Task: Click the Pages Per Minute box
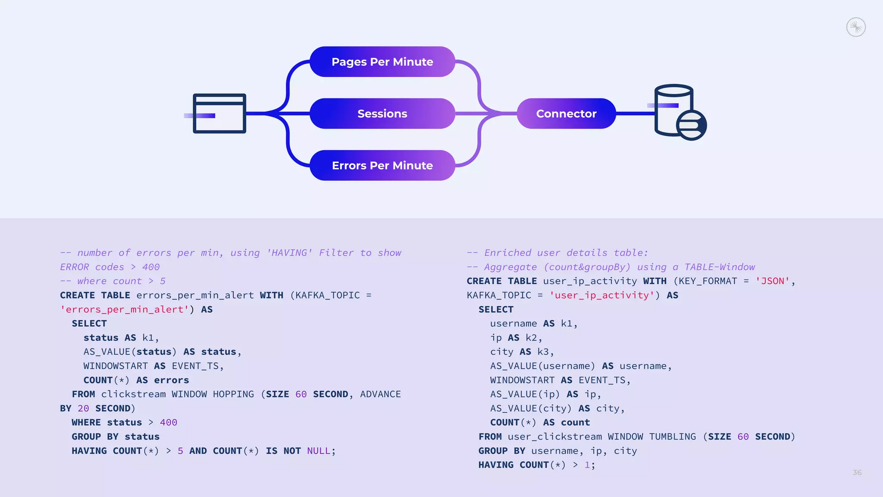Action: [382, 62]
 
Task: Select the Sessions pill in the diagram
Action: [382, 113]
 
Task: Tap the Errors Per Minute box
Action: [382, 165]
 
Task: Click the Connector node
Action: [566, 113]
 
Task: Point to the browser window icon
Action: [219, 113]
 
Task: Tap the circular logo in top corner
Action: [856, 27]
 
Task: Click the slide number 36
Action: [857, 472]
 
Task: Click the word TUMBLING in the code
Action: [673, 437]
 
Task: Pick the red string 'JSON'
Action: [772, 281]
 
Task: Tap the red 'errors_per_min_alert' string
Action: [124, 310]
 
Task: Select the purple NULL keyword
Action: [318, 451]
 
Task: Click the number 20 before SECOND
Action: [83, 409]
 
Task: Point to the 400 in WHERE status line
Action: [168, 423]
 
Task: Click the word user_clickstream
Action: [554, 437]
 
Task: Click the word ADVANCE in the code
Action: [380, 394]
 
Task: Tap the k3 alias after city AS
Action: [542, 352]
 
